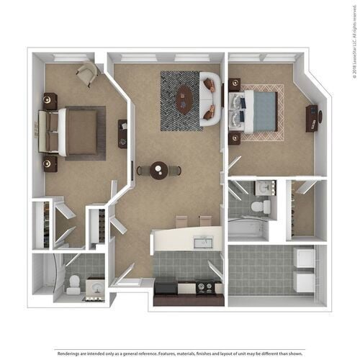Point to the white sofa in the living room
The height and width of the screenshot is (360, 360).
click(210, 99)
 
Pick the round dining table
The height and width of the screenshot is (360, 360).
click(159, 171)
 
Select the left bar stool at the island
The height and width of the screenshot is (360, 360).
click(181, 221)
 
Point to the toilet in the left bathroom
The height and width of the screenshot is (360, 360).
click(73, 286)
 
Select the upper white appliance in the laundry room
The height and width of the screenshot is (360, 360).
click(304, 258)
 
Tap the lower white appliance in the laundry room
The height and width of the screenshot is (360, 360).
click(304, 281)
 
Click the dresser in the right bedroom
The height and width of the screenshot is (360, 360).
click(312, 119)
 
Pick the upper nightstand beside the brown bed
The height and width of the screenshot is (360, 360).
click(50, 101)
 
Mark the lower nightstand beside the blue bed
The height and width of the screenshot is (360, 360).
click(235, 137)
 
